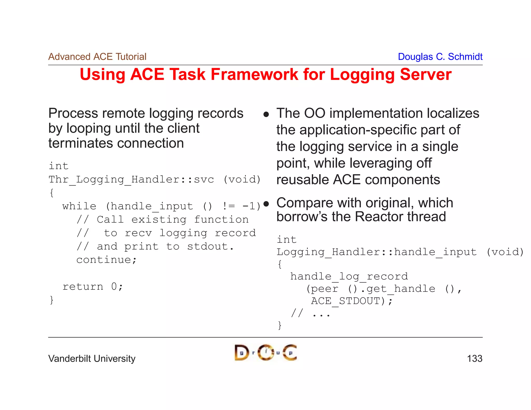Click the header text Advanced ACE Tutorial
tap(97, 57)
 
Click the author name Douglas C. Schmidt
tap(440, 57)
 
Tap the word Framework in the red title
tap(254, 75)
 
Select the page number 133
tap(474, 359)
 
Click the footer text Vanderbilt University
tap(92, 359)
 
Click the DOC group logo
tap(265, 352)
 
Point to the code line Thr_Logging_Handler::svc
tap(131, 180)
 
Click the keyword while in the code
tap(79, 207)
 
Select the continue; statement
tap(106, 260)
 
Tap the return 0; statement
tap(93, 287)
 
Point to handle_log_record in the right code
tap(349, 277)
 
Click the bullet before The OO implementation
tap(266, 114)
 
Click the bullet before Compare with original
tap(266, 204)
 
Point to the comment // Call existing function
tap(163, 220)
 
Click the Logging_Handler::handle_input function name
tap(376, 252)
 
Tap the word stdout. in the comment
tap(210, 246)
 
